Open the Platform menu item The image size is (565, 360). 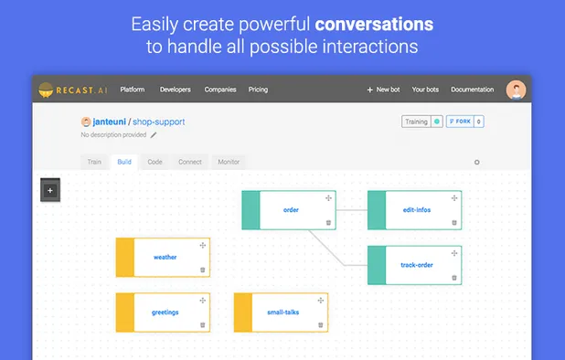click(133, 90)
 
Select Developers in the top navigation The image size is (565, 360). click(175, 90)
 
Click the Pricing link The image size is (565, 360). click(258, 90)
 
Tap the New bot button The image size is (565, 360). click(383, 90)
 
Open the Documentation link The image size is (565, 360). click(472, 90)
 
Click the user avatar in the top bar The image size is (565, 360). click(517, 90)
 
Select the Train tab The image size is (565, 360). click(94, 162)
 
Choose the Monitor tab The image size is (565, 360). click(229, 162)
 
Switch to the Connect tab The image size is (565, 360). click(190, 162)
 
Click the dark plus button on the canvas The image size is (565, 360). click(50, 191)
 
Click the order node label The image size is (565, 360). click(291, 210)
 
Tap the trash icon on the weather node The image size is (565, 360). click(203, 270)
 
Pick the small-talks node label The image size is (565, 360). click(282, 312)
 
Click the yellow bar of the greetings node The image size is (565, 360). click(125, 312)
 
